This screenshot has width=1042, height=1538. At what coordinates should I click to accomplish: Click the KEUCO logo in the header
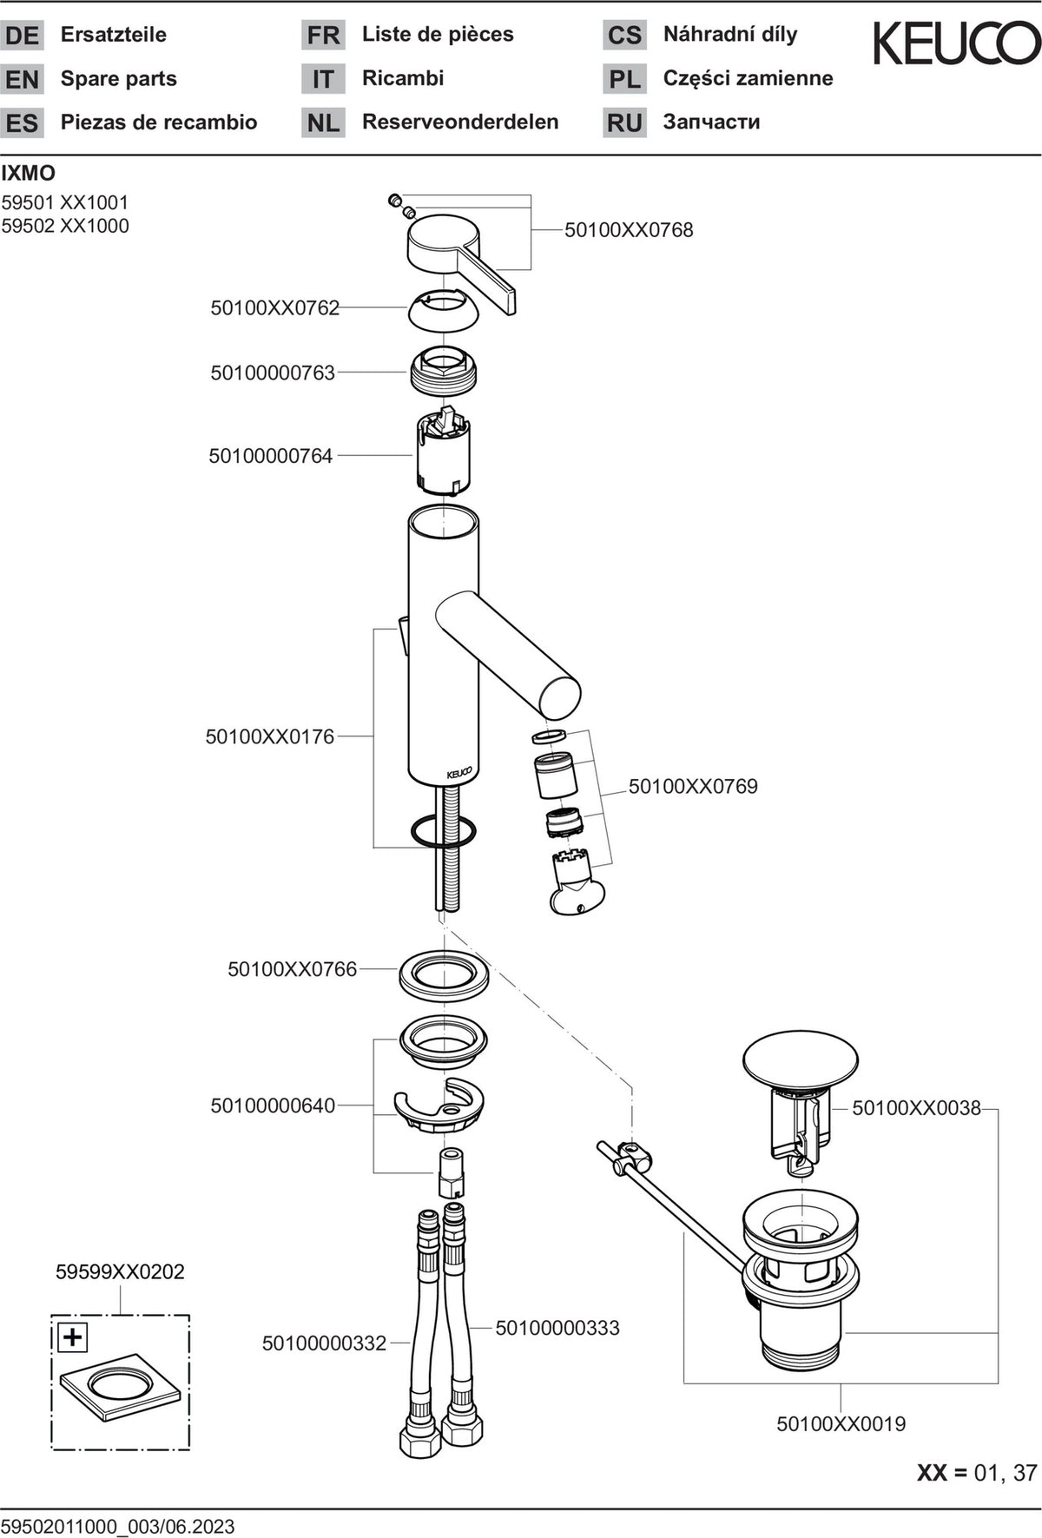pos(956,44)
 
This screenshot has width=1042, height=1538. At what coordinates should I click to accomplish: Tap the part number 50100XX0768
pos(629,230)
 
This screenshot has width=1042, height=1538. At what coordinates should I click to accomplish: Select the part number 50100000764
pos(271,456)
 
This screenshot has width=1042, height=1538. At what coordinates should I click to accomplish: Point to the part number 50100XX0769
pos(693,787)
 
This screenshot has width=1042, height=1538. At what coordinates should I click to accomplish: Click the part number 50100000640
pos(273,1106)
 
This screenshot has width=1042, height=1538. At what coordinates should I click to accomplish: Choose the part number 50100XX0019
pos(841,1424)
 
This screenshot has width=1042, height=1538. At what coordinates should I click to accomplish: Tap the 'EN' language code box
pos(22,79)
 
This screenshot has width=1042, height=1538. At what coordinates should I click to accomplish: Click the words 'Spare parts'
pos(119,78)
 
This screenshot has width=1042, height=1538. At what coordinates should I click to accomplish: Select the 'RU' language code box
pos(624,122)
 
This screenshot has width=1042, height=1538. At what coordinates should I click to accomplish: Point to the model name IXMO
pos(28,173)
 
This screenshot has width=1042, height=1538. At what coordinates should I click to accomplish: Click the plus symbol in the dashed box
pos(72,1337)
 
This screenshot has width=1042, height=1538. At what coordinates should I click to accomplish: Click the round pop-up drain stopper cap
pos(800,1059)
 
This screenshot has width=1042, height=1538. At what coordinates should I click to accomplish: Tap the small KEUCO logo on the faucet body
pos(459,773)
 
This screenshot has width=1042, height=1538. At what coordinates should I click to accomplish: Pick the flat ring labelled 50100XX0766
pos(444,974)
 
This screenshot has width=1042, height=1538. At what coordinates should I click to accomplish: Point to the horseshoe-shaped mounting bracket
pos(439,1106)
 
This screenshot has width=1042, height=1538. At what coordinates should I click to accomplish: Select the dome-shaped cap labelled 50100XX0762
pos(443,310)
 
